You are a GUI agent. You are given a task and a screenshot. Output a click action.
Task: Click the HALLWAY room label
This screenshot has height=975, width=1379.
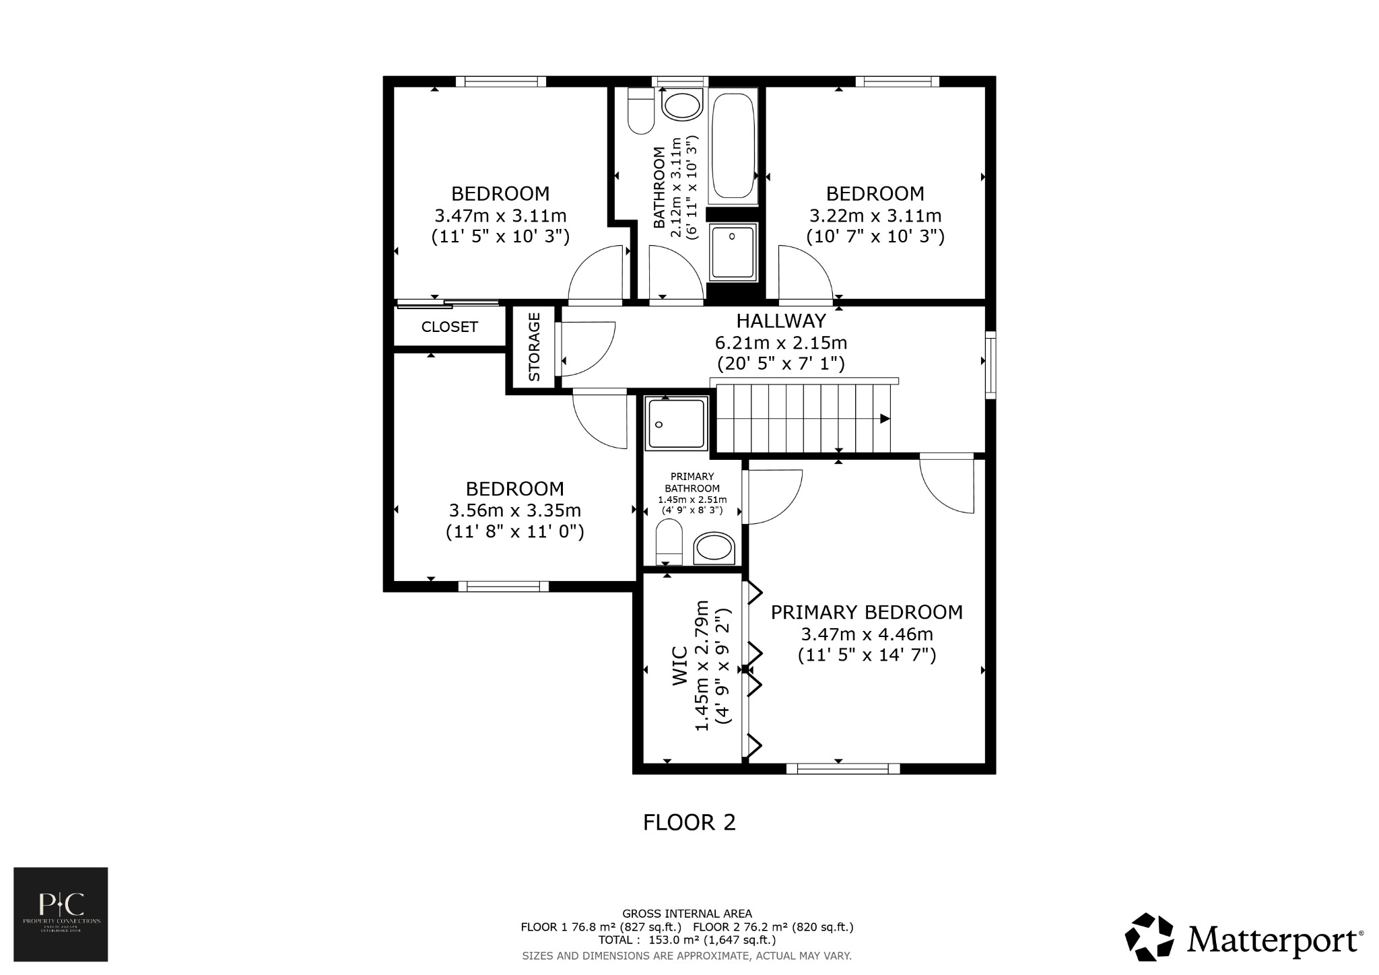[x=780, y=321]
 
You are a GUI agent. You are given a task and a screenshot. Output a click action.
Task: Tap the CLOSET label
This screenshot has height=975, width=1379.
[x=449, y=327]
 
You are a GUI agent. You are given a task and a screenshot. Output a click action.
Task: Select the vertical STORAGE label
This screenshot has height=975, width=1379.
[x=534, y=347]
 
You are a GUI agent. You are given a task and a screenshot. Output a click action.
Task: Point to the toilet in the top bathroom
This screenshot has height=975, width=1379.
[x=640, y=112]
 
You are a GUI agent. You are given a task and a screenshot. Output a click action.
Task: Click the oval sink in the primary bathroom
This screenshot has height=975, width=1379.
[x=714, y=547]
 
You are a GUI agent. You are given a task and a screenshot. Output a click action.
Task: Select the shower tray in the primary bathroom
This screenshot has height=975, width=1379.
[x=676, y=423]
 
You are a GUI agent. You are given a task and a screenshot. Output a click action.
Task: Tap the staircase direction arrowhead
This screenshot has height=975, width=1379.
[x=885, y=419]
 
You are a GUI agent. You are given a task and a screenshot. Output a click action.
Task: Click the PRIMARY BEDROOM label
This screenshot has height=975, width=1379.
[x=867, y=612]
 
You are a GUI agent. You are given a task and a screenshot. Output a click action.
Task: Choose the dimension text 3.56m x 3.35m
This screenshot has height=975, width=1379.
[x=514, y=510]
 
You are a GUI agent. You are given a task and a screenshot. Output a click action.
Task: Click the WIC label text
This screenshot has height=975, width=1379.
[x=680, y=666]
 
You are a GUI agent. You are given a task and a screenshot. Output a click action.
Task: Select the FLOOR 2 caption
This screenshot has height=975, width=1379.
[x=689, y=822]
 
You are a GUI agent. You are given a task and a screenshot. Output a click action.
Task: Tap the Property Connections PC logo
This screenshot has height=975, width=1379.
[x=61, y=914]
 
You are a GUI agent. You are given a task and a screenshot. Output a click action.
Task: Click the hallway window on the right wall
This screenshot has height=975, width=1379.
[x=990, y=364]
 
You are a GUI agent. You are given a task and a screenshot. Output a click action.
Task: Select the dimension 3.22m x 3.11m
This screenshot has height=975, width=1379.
[x=875, y=216]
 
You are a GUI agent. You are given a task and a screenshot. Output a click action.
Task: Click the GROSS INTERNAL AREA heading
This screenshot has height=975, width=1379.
[x=687, y=914]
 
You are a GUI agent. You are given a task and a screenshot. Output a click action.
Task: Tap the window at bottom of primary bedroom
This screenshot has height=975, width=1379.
[x=843, y=768]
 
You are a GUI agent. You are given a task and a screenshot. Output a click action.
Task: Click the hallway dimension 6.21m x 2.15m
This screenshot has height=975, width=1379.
[x=780, y=343]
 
